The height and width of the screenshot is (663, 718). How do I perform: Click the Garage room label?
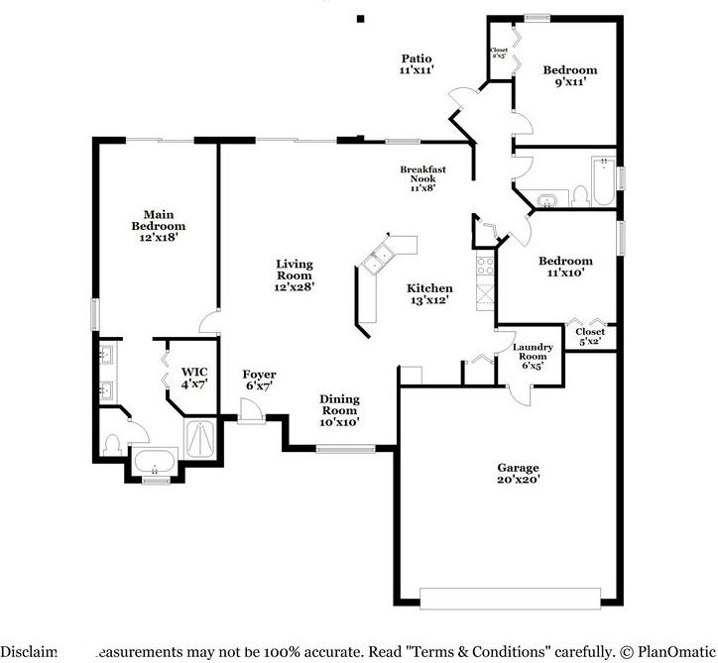(x=518, y=473)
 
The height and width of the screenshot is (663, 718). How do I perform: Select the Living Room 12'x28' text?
(x=295, y=275)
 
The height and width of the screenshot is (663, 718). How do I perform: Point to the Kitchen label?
(x=429, y=293)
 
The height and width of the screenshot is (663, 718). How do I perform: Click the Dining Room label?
(x=339, y=410)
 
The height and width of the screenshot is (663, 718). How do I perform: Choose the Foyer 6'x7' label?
(x=258, y=380)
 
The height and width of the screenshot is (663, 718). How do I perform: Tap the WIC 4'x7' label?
(x=194, y=378)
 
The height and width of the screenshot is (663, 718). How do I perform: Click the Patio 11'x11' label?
(x=417, y=65)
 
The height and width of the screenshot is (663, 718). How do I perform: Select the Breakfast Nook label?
(x=422, y=174)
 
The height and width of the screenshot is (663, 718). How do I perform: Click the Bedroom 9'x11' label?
(x=569, y=76)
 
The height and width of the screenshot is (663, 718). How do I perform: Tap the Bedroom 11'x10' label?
(x=565, y=268)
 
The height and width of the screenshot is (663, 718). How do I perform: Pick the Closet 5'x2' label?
(x=590, y=337)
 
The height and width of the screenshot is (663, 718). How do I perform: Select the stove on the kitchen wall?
(x=485, y=266)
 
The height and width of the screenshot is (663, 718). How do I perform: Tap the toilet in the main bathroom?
(x=112, y=443)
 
